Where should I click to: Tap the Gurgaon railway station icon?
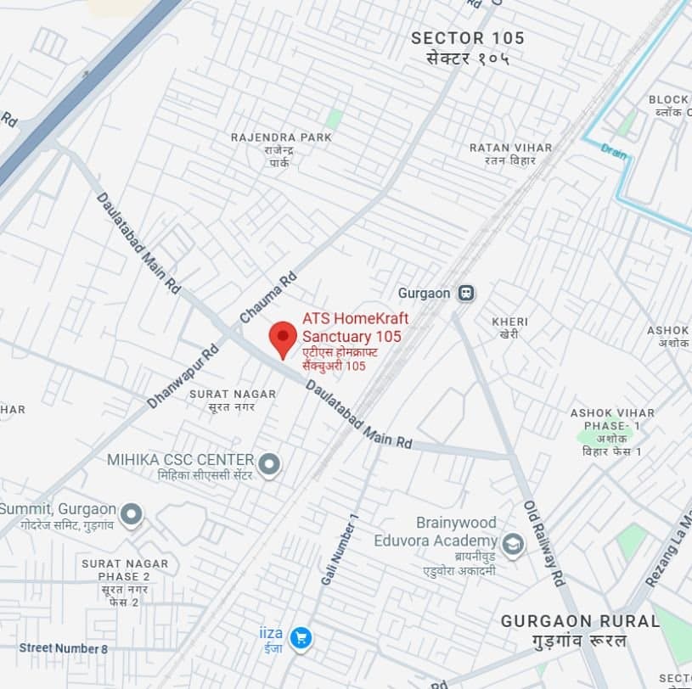464,294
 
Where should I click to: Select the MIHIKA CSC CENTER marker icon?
269,464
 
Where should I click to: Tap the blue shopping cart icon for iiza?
299,638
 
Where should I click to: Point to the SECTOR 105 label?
467,38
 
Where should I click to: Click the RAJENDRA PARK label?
274,137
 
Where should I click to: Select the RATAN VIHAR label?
510,148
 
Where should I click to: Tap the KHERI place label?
509,322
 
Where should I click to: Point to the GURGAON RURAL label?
580,621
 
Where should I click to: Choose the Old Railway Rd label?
543,544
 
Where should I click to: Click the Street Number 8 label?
64,649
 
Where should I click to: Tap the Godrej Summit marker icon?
131,513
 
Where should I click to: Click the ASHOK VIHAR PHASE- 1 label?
605,418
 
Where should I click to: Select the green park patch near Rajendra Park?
335,119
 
